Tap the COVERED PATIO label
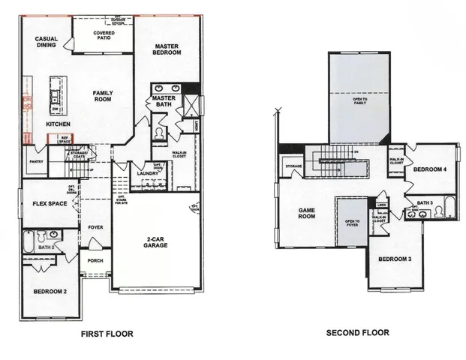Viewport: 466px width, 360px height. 103,36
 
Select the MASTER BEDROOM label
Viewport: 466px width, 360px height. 165,49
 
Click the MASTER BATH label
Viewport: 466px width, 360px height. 164,101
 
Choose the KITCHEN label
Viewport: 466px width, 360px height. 58,123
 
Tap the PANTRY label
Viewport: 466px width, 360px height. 34,160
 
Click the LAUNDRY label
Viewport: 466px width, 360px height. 146,174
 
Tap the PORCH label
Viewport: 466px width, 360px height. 95,261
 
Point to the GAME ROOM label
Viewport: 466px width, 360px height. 305,213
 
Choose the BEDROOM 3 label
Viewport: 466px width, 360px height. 395,259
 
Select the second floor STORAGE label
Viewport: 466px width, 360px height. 293,166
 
